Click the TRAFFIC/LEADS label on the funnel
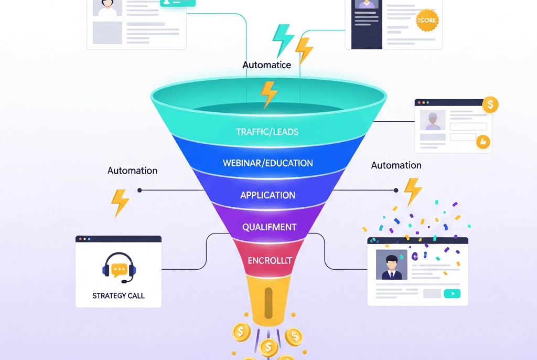267,132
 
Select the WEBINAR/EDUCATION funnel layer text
267,163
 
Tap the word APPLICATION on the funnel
267,195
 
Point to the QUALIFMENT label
269,227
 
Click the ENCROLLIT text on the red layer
270,260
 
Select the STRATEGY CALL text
119,295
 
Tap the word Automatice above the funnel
266,65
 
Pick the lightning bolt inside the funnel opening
268,94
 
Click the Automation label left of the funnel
132,171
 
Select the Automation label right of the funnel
396,165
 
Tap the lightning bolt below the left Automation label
121,203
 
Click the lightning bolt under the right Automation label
413,191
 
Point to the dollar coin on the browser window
490,104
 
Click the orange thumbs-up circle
482,141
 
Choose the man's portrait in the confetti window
391,264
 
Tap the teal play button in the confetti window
452,294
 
